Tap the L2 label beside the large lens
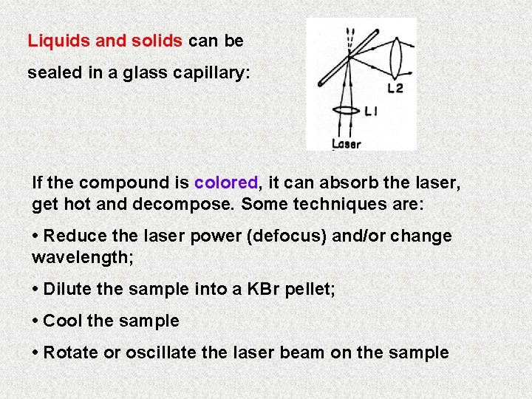[x=395, y=89]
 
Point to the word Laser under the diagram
[x=346, y=144]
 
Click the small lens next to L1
[x=346, y=111]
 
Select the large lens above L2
[x=396, y=53]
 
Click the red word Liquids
[x=60, y=41]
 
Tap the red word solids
[x=157, y=41]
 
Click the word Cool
[x=62, y=321]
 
